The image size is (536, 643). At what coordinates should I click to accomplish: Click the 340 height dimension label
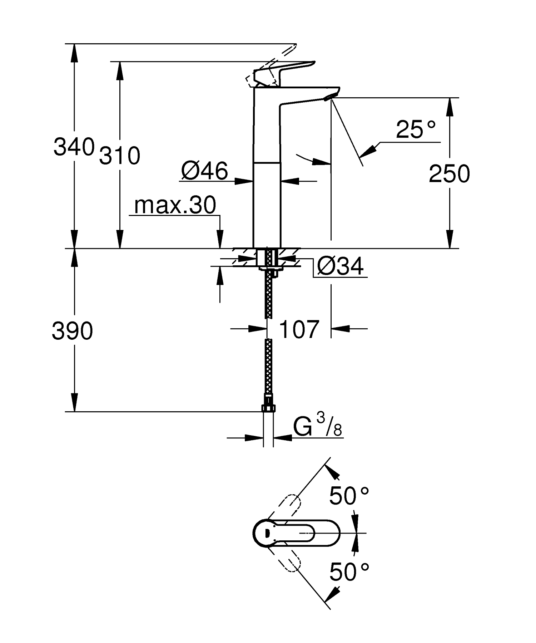(x=74, y=147)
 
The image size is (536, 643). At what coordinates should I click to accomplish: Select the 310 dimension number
(x=119, y=156)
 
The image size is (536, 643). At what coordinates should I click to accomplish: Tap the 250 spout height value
(x=449, y=174)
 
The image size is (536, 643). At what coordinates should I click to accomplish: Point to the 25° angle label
(x=416, y=129)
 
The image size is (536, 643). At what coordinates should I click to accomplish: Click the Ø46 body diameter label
(x=204, y=171)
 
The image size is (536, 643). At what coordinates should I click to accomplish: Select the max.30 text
(x=175, y=205)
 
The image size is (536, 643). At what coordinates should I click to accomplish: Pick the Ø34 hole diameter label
(x=340, y=266)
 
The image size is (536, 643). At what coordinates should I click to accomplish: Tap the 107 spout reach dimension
(x=299, y=329)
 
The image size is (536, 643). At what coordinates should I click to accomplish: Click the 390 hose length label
(x=72, y=331)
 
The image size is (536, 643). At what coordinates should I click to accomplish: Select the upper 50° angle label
(x=348, y=496)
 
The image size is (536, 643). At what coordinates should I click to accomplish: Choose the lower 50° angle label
(x=348, y=572)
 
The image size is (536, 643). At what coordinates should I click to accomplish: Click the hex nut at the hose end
(x=268, y=408)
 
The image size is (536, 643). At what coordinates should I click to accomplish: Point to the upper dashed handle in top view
(x=286, y=505)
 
